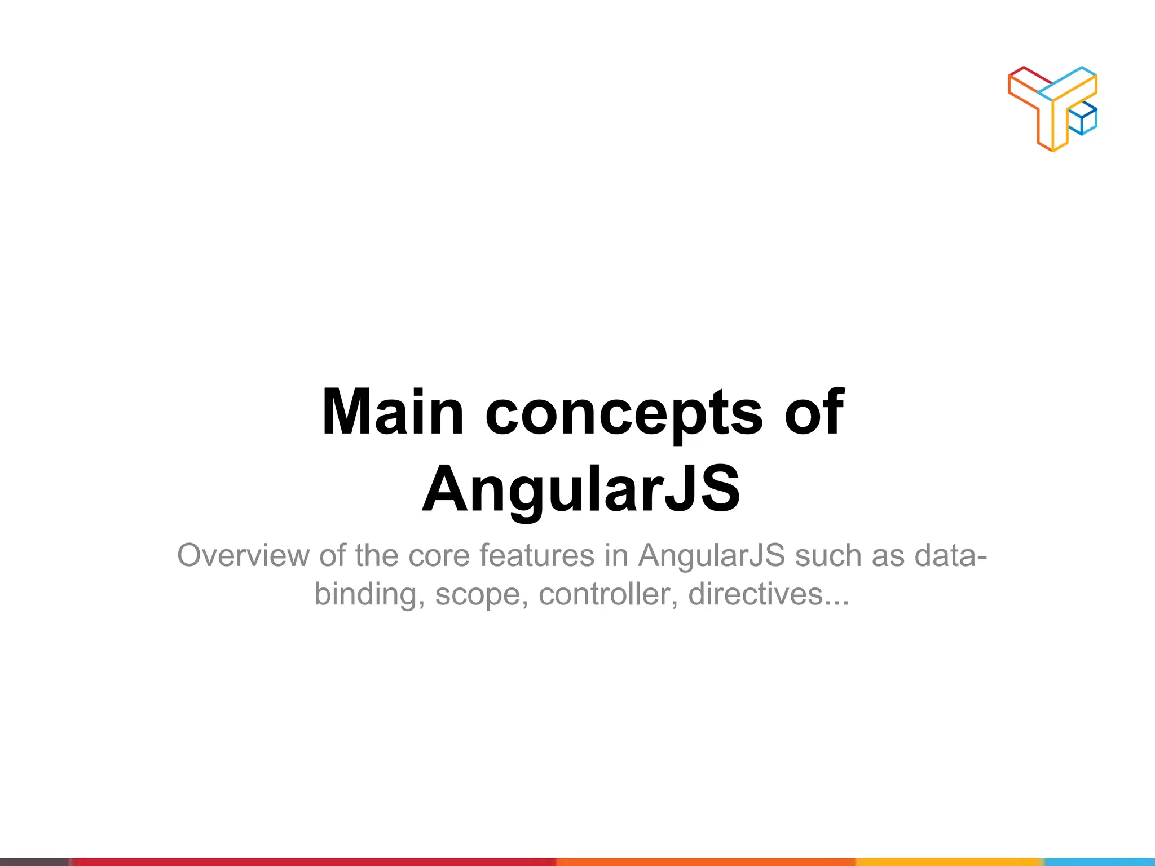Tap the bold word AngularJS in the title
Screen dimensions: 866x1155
pyautogui.click(x=581, y=489)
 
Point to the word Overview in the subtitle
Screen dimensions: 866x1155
pyautogui.click(x=243, y=555)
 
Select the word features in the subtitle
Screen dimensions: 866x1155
pyautogui.click(x=537, y=555)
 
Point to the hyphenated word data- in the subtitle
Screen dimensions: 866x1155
pyautogui.click(x=951, y=555)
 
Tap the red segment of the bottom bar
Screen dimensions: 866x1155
pyautogui.click(x=310, y=861)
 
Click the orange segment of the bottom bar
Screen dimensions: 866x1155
pyautogui.click(x=705, y=861)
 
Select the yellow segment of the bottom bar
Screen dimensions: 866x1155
pyautogui.click(x=947, y=861)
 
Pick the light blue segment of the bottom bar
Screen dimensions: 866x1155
pyautogui.click(x=1100, y=861)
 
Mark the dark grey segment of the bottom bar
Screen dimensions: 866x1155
pyautogui.click(x=34, y=861)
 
